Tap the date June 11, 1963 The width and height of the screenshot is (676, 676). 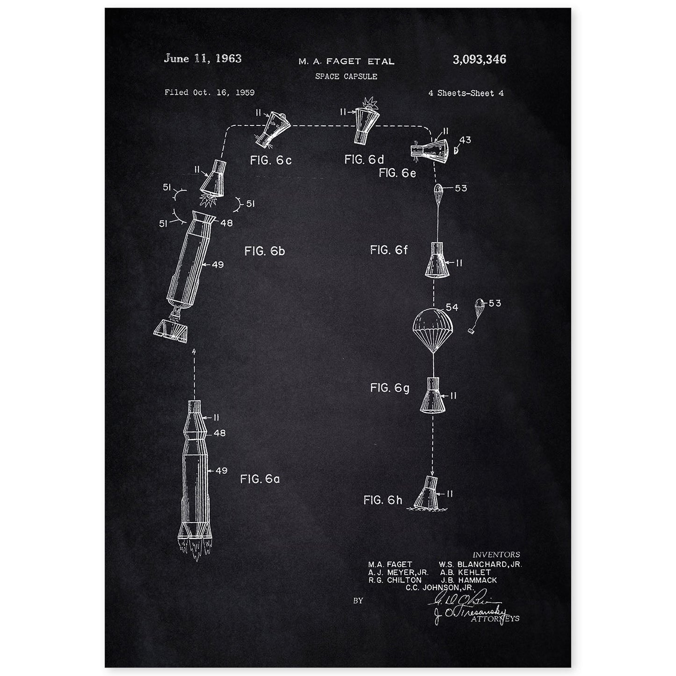[x=203, y=58]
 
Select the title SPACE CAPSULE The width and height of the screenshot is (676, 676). [x=346, y=76]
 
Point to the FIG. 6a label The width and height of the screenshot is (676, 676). [x=260, y=479]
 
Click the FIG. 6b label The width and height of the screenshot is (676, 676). [x=264, y=251]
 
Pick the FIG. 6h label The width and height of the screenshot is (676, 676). [x=383, y=500]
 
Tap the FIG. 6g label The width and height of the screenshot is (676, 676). [x=389, y=388]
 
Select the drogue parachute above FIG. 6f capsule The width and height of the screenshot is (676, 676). [x=438, y=189]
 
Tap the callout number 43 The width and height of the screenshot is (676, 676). [x=465, y=140]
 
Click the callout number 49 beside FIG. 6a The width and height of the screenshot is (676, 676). [x=221, y=471]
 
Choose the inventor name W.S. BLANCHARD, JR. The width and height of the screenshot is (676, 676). [x=480, y=564]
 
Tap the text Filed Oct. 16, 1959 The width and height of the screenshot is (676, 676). [x=210, y=93]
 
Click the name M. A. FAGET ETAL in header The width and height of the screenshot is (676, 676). [x=347, y=61]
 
